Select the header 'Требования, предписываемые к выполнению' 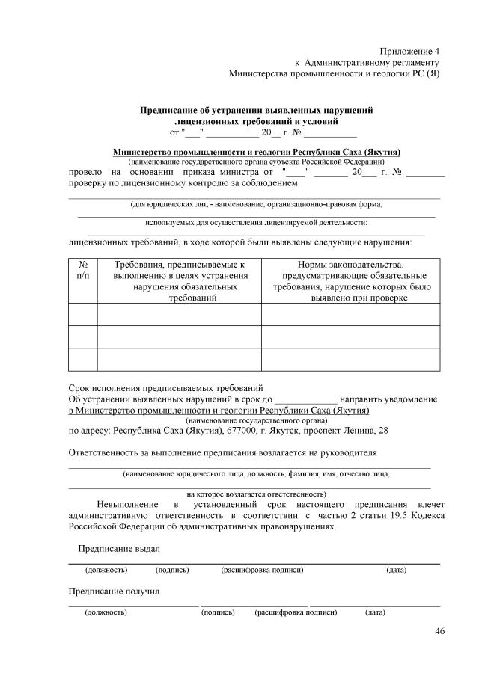click(179, 280)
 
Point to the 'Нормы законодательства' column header click(350, 280)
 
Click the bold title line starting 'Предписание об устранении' click(257, 109)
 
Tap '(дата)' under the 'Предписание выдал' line click(396, 571)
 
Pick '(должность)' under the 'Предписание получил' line click(106, 612)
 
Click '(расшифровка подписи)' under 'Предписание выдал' click(262, 571)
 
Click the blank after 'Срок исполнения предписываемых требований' click(345, 388)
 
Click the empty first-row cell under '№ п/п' click(82, 315)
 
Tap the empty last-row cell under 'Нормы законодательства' click(350, 359)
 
